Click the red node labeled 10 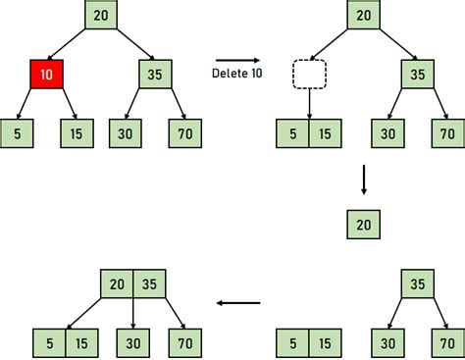coord(47,75)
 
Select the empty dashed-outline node coord(309,75)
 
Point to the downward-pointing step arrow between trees coord(364,180)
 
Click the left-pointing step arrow coord(237,302)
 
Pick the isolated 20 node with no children coord(364,225)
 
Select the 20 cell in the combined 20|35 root coord(117,284)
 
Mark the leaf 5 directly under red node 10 coord(17,132)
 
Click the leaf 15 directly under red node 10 coord(77,132)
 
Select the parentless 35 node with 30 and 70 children coord(417,284)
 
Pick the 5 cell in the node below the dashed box coord(292,132)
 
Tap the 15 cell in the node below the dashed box coord(325,132)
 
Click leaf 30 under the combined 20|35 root coord(133,342)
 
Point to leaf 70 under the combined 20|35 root coord(182,342)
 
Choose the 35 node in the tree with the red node coord(154,75)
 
